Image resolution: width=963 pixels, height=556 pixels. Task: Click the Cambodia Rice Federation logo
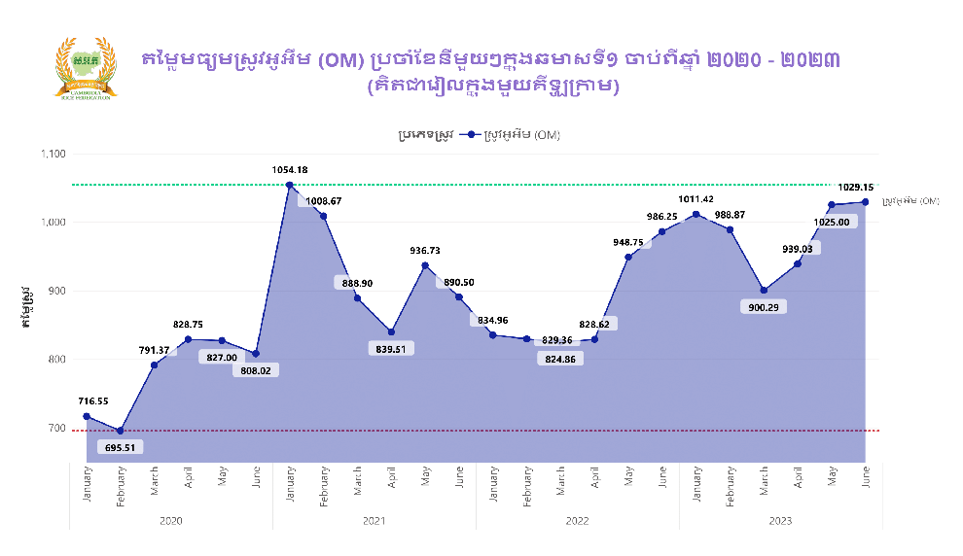tap(86, 68)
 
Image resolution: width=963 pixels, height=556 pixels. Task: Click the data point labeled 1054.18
tap(289, 185)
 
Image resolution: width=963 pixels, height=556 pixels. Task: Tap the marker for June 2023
tap(865, 202)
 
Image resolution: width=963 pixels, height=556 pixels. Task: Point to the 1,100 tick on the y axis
tap(52, 154)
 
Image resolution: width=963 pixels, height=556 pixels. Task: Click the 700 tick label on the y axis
tap(56, 429)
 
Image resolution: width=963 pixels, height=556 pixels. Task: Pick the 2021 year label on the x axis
tap(374, 522)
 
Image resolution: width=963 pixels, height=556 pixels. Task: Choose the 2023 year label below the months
tap(780, 522)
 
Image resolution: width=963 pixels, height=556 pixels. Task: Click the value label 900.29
tap(764, 307)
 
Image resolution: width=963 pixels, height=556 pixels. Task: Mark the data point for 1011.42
tap(695, 214)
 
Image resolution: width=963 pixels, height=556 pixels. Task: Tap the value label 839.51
tap(392, 348)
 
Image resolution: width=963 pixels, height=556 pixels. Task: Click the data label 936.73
tap(425, 251)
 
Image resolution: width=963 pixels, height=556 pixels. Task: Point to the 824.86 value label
tap(561, 359)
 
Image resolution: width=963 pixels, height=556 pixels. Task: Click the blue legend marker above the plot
tap(471, 135)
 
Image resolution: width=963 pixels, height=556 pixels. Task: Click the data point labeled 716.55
tap(87, 416)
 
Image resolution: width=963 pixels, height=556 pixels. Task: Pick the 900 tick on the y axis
tap(56, 291)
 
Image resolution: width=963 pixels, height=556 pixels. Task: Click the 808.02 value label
tap(255, 369)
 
